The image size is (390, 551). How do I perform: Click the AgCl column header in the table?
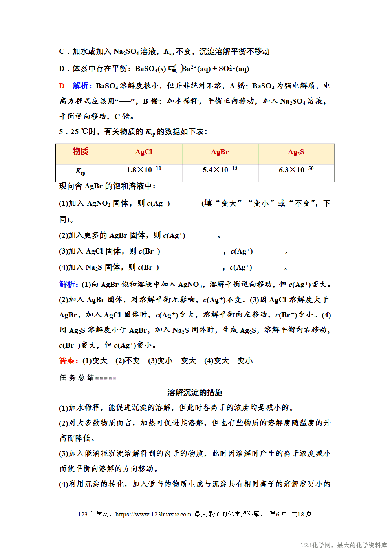[x=144, y=152]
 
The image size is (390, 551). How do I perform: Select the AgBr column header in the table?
[x=220, y=152]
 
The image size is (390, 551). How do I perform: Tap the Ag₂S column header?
[x=296, y=152]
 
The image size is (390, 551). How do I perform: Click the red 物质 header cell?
[x=81, y=151]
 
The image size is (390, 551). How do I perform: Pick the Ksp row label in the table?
[x=81, y=172]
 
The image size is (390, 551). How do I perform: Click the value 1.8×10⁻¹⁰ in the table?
[x=144, y=170]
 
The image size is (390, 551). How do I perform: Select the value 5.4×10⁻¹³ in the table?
[x=220, y=170]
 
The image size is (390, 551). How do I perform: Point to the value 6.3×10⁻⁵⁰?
[x=296, y=170]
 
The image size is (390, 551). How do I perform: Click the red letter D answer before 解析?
[x=62, y=86]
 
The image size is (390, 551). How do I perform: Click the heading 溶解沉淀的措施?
[x=195, y=392]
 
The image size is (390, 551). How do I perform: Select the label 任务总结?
[x=77, y=378]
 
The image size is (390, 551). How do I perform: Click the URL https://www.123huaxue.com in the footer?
[x=153, y=514]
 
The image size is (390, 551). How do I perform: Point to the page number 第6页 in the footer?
[x=278, y=514]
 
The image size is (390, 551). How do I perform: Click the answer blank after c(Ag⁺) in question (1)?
[x=185, y=204]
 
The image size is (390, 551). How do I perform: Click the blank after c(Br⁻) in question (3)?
[x=192, y=252]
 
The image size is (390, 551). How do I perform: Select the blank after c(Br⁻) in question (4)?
[x=190, y=268]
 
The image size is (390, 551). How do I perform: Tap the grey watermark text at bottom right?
[x=344, y=545]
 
